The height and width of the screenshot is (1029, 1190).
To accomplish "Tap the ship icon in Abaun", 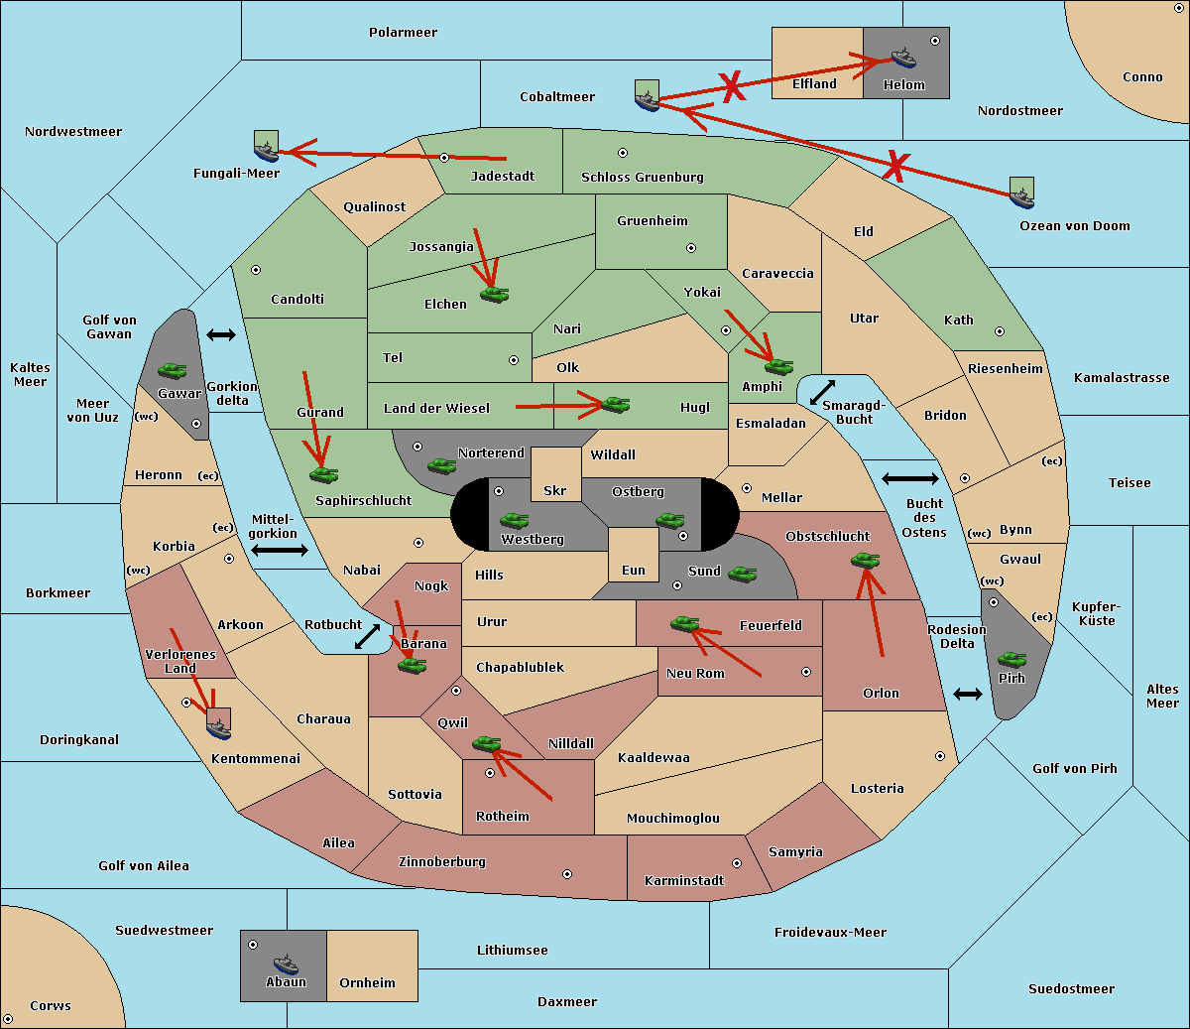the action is pyautogui.click(x=286, y=965).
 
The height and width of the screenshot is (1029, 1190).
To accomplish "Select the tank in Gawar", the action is pyautogui.click(x=173, y=370).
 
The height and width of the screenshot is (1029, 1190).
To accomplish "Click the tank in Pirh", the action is pyautogui.click(x=1011, y=659).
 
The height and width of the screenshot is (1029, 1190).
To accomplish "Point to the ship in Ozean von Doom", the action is pyautogui.click(x=1021, y=193).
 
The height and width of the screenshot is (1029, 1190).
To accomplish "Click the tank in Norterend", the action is pyautogui.click(x=441, y=465).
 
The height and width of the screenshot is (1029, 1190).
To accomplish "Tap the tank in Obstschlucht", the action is pyautogui.click(x=866, y=560).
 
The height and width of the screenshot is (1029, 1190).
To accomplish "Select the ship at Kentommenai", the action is pyautogui.click(x=219, y=723).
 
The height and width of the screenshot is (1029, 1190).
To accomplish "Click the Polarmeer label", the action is pyautogui.click(x=403, y=33).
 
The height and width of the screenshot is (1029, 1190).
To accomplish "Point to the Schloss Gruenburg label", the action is pyautogui.click(x=643, y=177).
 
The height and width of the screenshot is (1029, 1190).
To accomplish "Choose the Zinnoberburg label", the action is pyautogui.click(x=442, y=862).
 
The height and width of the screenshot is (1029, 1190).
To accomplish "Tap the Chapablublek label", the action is pyautogui.click(x=520, y=667).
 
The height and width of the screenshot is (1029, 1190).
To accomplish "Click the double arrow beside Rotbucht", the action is pyautogui.click(x=368, y=636).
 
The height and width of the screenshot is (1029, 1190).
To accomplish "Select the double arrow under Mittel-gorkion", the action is pyautogui.click(x=280, y=550).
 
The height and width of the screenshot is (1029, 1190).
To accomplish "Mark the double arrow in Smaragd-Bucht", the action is pyautogui.click(x=823, y=392).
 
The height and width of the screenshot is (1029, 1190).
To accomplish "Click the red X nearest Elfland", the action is pyautogui.click(x=732, y=87).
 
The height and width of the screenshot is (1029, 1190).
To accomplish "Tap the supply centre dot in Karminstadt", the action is pyautogui.click(x=737, y=863).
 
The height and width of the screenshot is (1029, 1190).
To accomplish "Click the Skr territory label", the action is pyautogui.click(x=555, y=490).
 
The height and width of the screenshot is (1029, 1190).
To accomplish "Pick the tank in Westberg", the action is pyautogui.click(x=514, y=521).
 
